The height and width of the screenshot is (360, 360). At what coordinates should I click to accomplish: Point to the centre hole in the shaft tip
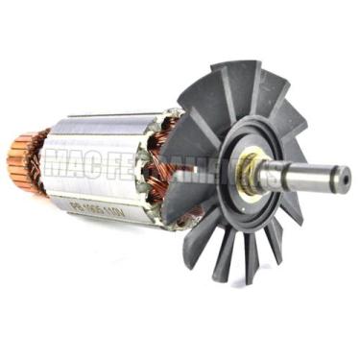[x=343, y=177]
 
